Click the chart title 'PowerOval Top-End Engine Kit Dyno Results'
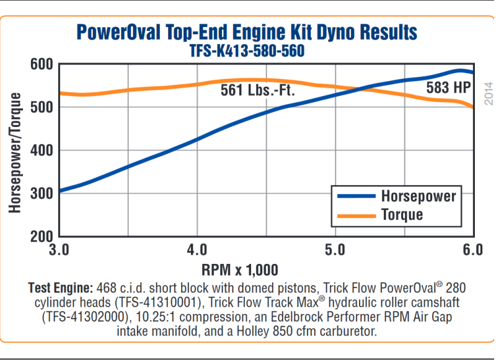pyautogui.click(x=246, y=32)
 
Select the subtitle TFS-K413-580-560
pyautogui.click(x=247, y=51)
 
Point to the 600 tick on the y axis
pyautogui.click(x=42, y=64)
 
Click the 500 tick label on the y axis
pyautogui.click(x=42, y=107)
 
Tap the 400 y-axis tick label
pyautogui.click(x=42, y=151)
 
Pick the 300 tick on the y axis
pyautogui.click(x=42, y=193)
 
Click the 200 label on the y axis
pyautogui.click(x=42, y=236)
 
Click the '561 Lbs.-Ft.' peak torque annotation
pyautogui.click(x=257, y=90)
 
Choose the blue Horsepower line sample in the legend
pyautogui.click(x=356, y=196)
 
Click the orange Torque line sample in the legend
pyautogui.click(x=356, y=215)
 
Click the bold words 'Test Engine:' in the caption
pyautogui.click(x=60, y=288)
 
